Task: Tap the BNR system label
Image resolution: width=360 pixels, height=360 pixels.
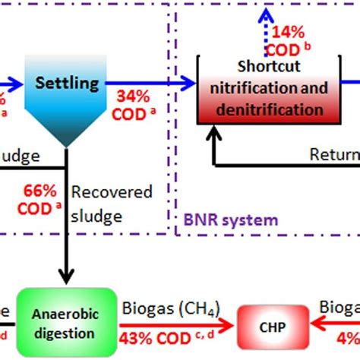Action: pyautogui.click(x=220, y=221)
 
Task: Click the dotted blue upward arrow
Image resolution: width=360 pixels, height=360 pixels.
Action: pyautogui.click(x=267, y=27)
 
